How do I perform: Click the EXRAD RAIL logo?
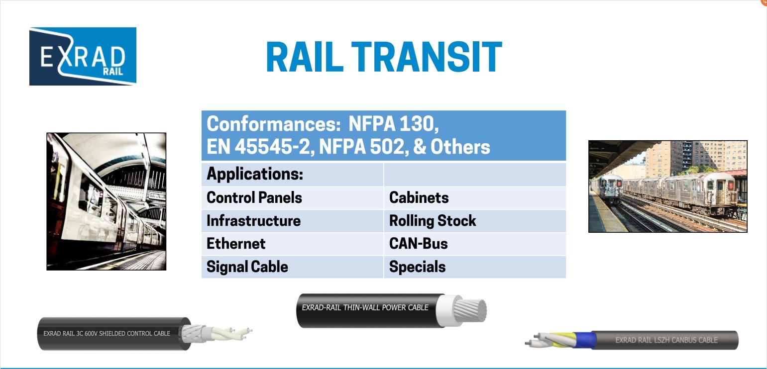tap(83, 56)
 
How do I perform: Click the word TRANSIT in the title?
tap(427, 57)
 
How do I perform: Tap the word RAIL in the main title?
tap(305, 57)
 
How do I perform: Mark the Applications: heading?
tap(255, 174)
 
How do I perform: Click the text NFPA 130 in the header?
tap(393, 124)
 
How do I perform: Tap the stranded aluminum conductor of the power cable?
tap(470, 310)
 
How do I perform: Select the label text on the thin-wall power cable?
tap(365, 307)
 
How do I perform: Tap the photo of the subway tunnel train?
tap(107, 201)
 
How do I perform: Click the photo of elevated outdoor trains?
tap(667, 186)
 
